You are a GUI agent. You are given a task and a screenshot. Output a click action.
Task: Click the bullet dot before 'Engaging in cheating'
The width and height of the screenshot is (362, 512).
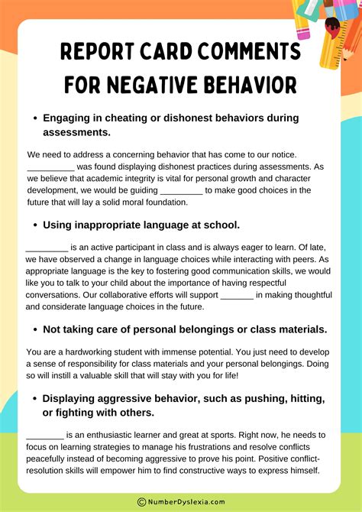(x=34, y=118)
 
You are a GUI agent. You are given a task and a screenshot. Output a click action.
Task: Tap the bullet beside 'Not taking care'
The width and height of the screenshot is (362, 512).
(x=34, y=329)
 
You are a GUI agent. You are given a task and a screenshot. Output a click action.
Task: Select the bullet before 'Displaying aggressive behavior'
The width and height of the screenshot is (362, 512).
(x=34, y=399)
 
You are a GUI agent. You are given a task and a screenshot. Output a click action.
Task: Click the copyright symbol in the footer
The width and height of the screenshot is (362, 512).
(x=142, y=502)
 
